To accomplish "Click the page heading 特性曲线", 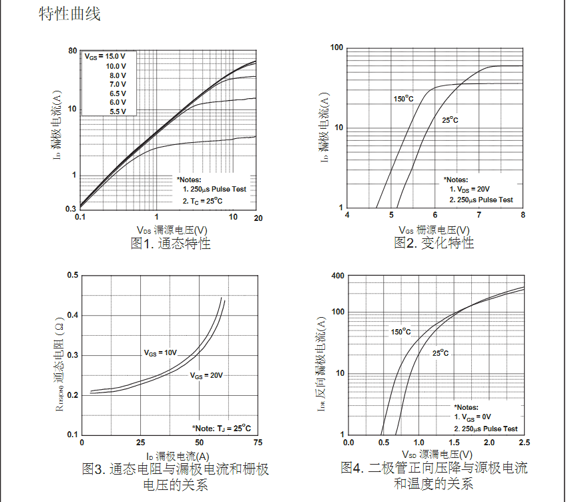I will coord(69,14).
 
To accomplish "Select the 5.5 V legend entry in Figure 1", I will coord(117,111).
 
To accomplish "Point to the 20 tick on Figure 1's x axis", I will coord(257,218).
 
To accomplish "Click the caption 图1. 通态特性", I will coord(170,244).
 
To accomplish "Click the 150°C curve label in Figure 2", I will coord(403,99).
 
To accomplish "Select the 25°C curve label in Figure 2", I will coord(451,120).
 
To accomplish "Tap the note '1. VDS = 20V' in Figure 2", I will coord(469,190).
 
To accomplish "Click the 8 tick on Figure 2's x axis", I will coord(523,215).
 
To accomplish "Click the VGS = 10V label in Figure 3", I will coord(160,352).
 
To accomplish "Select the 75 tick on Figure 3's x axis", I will coord(257,443).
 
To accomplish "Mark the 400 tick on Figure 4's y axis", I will coord(337,276).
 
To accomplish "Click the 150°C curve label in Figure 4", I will coord(400,332).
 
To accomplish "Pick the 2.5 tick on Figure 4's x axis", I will coord(523,443).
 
